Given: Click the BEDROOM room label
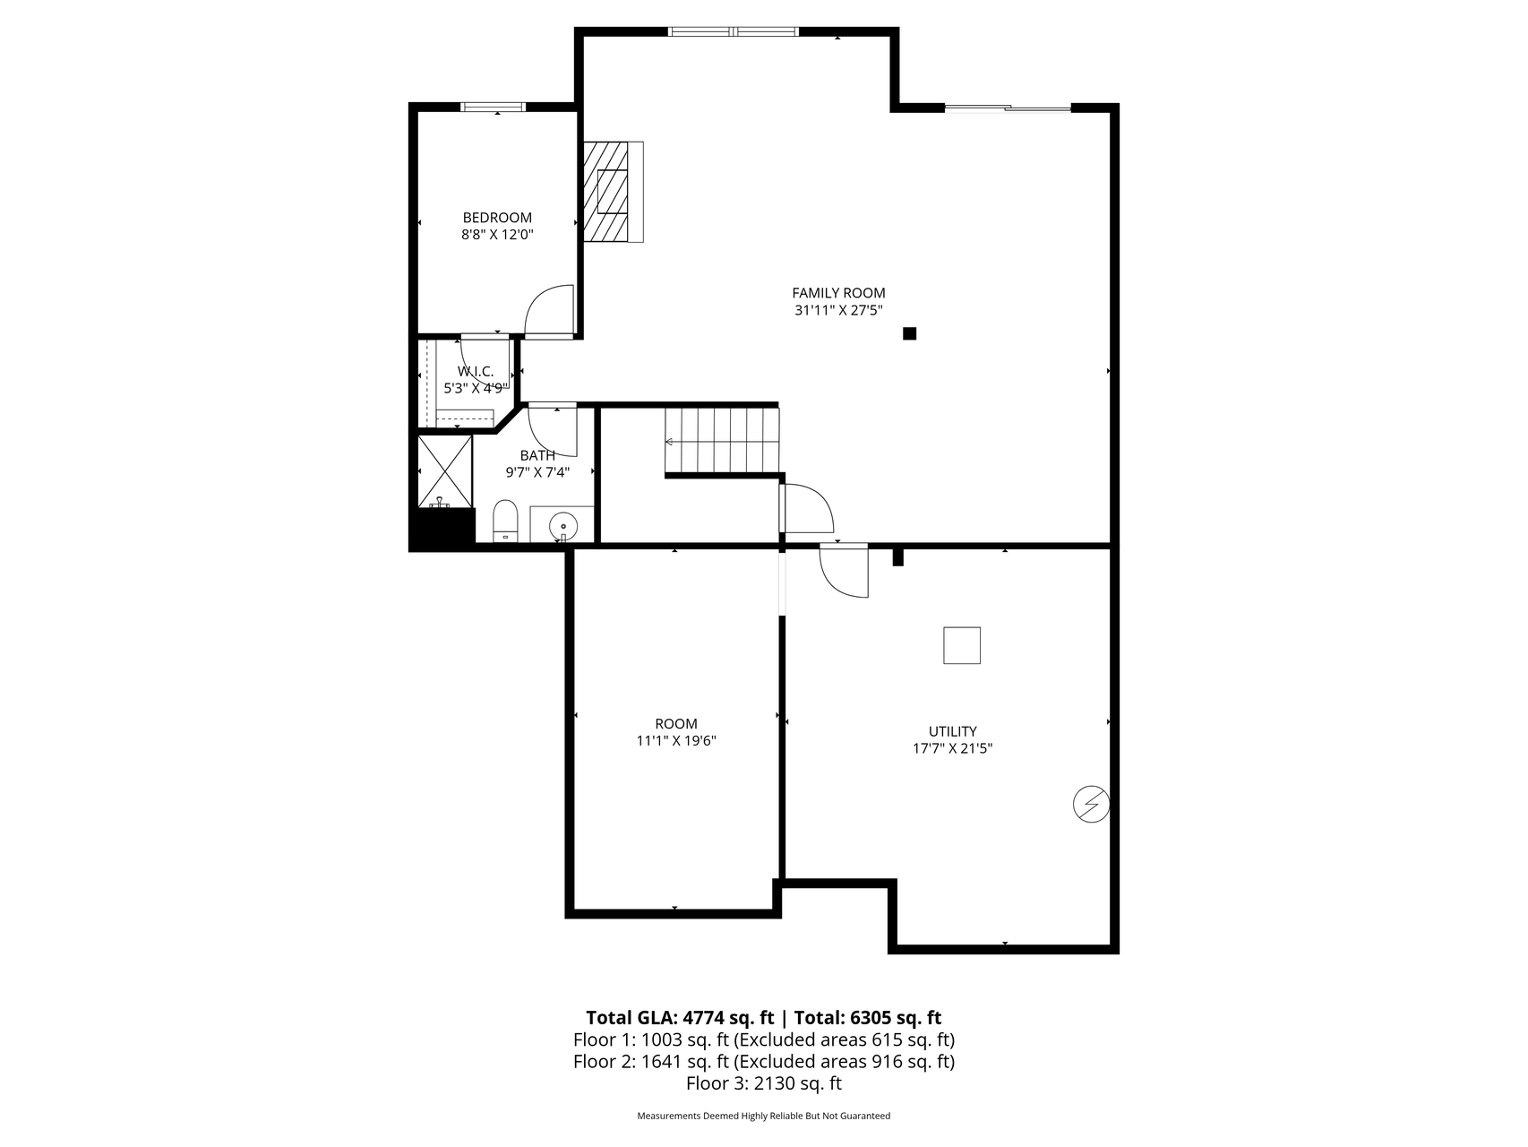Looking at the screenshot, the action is [497, 218].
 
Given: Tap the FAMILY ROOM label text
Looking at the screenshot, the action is [838, 293].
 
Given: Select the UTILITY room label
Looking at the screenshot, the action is [952, 731].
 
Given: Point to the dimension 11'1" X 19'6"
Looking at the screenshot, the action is [676, 741].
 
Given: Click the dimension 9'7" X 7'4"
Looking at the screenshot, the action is [537, 472].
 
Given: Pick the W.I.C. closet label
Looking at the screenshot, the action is [476, 371].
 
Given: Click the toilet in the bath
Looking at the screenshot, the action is [505, 521].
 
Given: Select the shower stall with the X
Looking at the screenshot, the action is [445, 471].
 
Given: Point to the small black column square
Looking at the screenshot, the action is [910, 333].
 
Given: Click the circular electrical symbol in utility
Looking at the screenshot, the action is [1091, 805].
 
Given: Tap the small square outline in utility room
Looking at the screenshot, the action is [962, 645].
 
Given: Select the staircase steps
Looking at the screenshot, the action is [722, 441].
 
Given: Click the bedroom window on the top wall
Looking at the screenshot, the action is [493, 108].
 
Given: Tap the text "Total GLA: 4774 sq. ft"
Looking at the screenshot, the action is [680, 1017].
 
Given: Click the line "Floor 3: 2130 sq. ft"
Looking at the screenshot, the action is [764, 1083].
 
